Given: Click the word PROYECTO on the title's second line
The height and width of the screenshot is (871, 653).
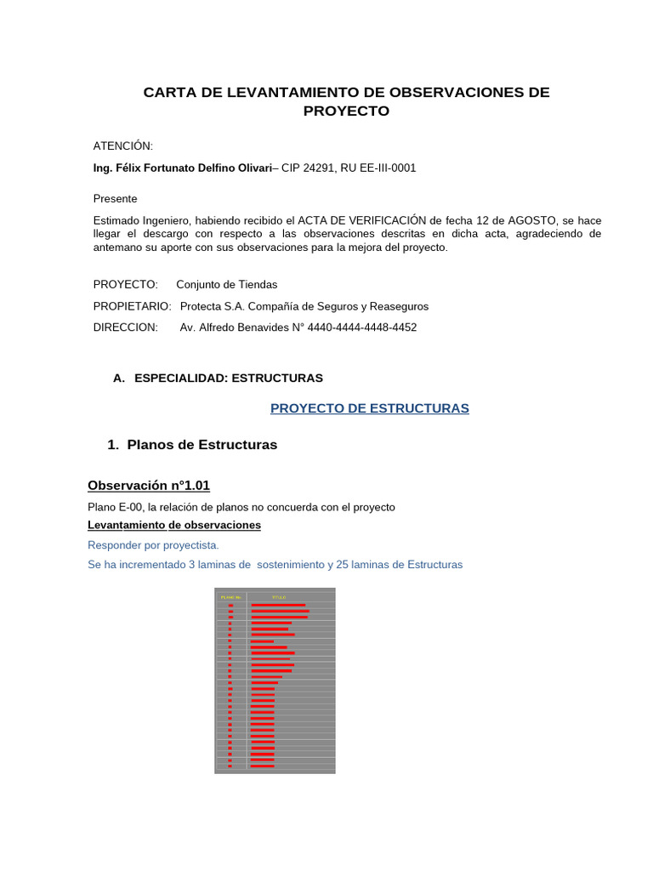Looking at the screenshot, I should [x=346, y=111].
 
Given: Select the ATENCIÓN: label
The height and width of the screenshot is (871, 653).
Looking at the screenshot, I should [x=123, y=146].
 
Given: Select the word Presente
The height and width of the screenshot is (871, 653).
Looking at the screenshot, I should [x=115, y=199].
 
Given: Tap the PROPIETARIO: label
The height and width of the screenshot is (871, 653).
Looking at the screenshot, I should [x=132, y=306].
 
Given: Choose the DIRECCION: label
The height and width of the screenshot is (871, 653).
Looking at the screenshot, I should [x=125, y=327].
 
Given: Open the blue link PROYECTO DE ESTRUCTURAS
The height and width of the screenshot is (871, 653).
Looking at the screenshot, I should [x=370, y=408].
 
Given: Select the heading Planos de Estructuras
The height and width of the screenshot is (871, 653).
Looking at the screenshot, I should [x=202, y=445].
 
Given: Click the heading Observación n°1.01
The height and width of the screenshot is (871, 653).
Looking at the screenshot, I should [x=149, y=486].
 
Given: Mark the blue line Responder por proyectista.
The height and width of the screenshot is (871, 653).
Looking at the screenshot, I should [x=153, y=545].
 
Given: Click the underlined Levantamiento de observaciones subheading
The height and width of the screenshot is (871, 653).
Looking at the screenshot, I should [x=174, y=526].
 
